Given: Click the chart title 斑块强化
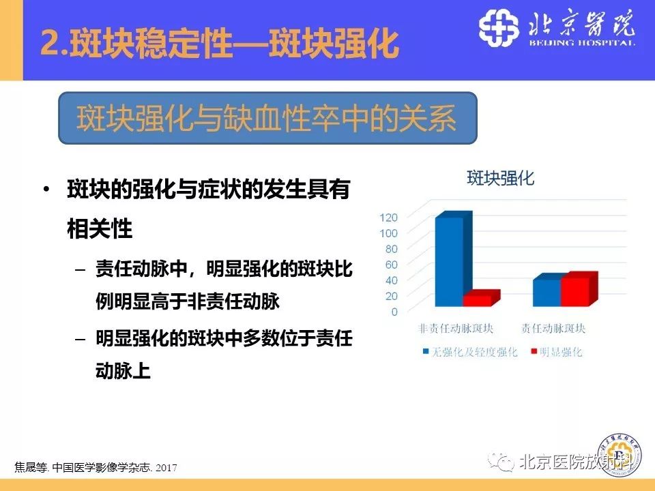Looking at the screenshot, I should pyautogui.click(x=500, y=179).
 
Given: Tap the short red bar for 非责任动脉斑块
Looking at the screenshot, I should pyautogui.click(x=478, y=300).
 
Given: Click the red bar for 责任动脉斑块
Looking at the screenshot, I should pyautogui.click(x=575, y=291).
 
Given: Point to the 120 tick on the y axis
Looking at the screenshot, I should pyautogui.click(x=388, y=218).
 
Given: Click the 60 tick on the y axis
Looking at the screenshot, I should pyautogui.click(x=390, y=265).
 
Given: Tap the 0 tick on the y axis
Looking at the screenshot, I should pyautogui.click(x=394, y=312).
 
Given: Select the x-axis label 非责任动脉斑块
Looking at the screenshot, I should pyautogui.click(x=454, y=329).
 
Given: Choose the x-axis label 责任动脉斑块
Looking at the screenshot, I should pyautogui.click(x=553, y=329).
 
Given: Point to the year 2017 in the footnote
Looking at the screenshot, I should pyautogui.click(x=166, y=468).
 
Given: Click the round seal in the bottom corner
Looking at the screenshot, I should pyautogui.click(x=620, y=453).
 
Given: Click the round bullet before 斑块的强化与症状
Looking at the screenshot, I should pyautogui.click(x=46, y=190).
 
